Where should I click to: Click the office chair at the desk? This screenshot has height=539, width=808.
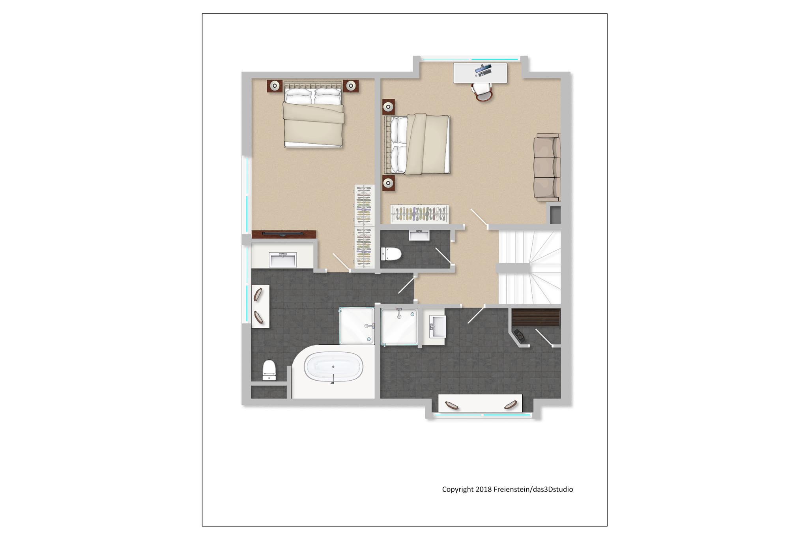pos(482,92)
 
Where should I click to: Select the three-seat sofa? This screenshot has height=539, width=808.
pos(547,167)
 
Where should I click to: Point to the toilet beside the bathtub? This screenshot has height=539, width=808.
pos(269,370)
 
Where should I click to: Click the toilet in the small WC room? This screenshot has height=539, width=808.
pos(391,254)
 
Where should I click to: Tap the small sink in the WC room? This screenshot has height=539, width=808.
pos(419,235)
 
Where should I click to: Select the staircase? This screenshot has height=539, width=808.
pos(529,267)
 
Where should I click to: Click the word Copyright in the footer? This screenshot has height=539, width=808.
pos(458,490)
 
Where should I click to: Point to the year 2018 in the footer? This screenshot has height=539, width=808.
pos(484,489)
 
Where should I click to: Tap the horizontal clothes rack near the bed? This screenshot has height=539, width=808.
pos(420,214)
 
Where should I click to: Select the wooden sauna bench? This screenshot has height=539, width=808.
pos(536,317)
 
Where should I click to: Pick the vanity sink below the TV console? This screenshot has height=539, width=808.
pos(282,260)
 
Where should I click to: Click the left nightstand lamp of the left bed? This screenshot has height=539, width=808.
pos(275,86)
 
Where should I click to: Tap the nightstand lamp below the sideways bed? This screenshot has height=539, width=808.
pos(389,183)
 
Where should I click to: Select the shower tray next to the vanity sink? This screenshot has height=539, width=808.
pos(399,327)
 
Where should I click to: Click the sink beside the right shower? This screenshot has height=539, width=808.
pos(438,327)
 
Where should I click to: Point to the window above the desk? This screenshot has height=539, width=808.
pos(469,59)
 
